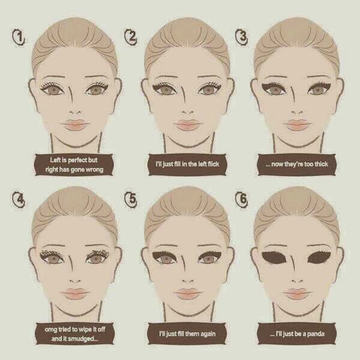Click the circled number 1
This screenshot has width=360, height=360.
(x=19, y=38)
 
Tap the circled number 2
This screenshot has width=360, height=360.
(x=131, y=37)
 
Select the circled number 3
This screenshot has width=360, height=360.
(x=242, y=37)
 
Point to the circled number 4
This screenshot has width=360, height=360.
(x=19, y=200)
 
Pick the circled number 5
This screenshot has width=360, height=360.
(x=131, y=199)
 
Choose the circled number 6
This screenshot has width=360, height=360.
(x=242, y=199)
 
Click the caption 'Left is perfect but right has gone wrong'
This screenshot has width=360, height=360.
(x=74, y=164)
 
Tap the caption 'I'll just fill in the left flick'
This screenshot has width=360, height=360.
(x=187, y=164)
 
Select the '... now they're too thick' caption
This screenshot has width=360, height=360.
(x=296, y=164)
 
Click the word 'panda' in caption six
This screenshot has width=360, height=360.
(x=316, y=334)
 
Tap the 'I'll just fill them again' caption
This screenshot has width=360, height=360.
(x=187, y=334)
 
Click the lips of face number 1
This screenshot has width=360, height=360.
(x=75, y=125)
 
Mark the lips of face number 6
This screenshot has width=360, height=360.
(x=298, y=294)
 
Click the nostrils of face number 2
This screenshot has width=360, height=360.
(x=188, y=113)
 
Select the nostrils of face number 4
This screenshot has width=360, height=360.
(x=75, y=281)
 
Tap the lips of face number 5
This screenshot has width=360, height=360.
(x=188, y=294)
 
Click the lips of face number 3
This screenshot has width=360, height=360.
(x=298, y=125)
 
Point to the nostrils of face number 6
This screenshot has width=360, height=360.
(x=298, y=281)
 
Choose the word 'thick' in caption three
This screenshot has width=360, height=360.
(x=321, y=164)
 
